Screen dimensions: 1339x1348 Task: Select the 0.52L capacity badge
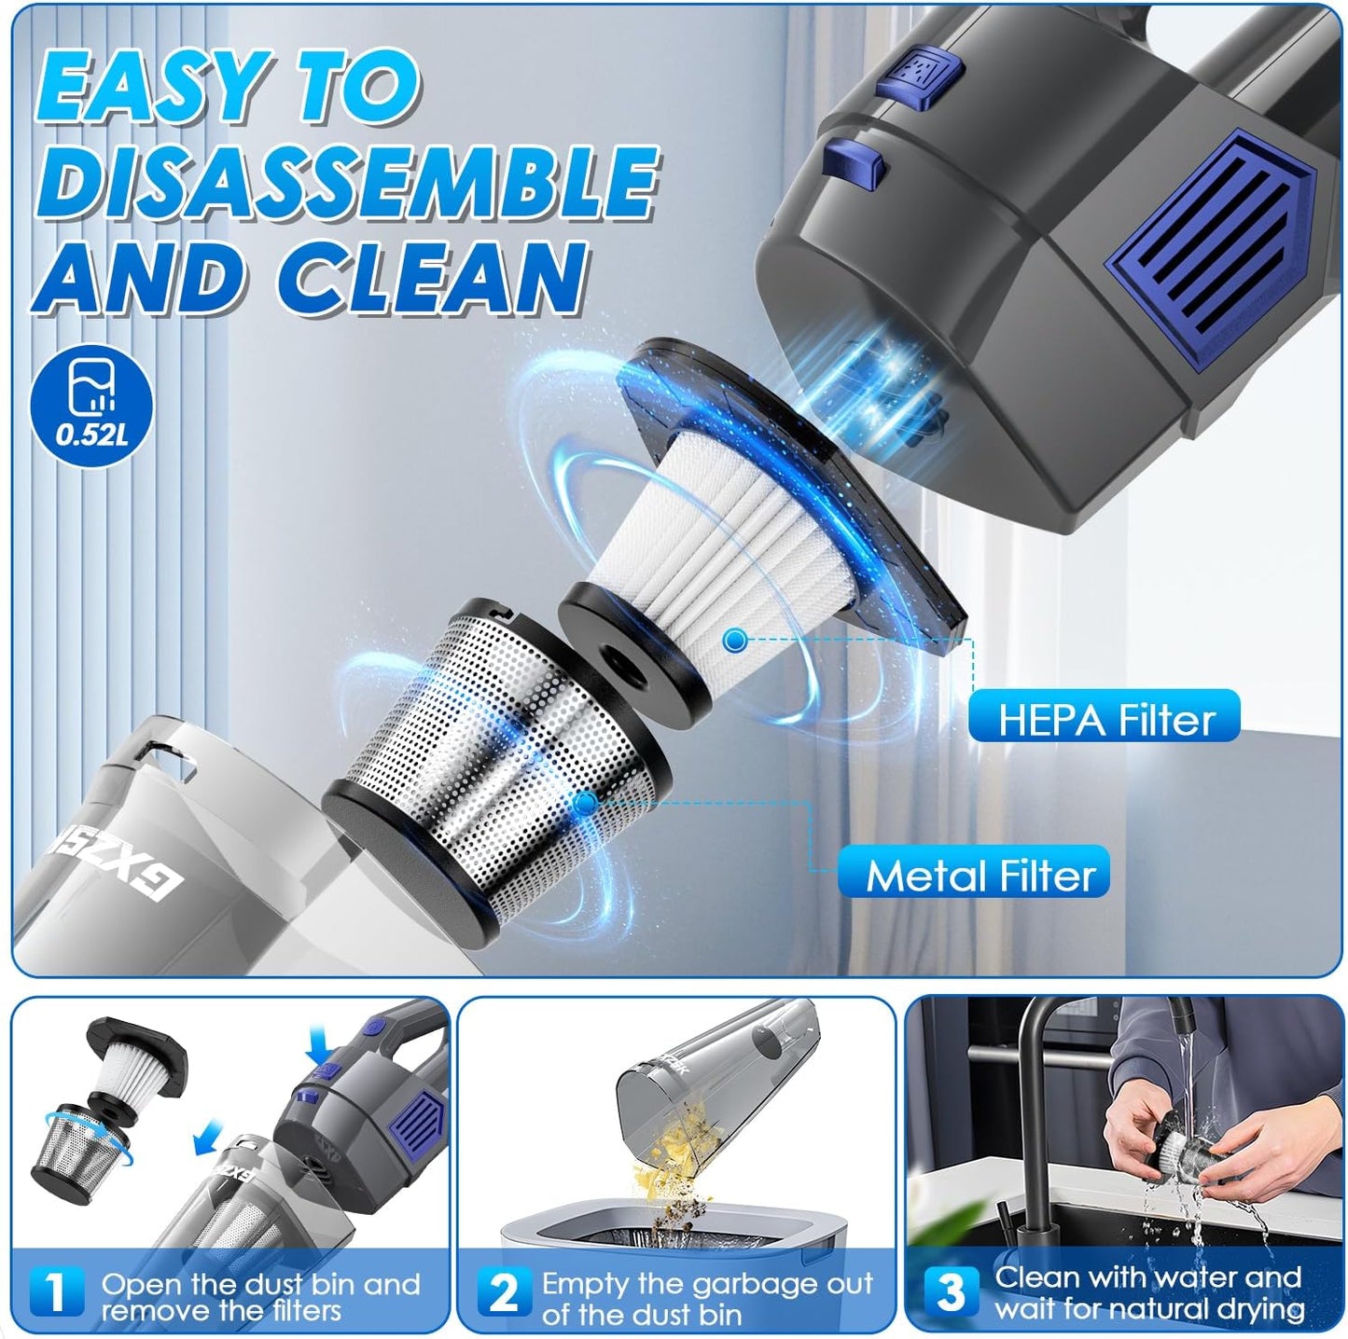click(x=90, y=407)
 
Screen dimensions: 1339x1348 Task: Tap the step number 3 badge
click(x=951, y=1291)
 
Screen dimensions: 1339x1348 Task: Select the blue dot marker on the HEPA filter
click(x=735, y=640)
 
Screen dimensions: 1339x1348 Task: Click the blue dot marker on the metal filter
click(x=585, y=802)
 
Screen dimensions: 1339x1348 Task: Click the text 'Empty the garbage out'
click(x=707, y=1284)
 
